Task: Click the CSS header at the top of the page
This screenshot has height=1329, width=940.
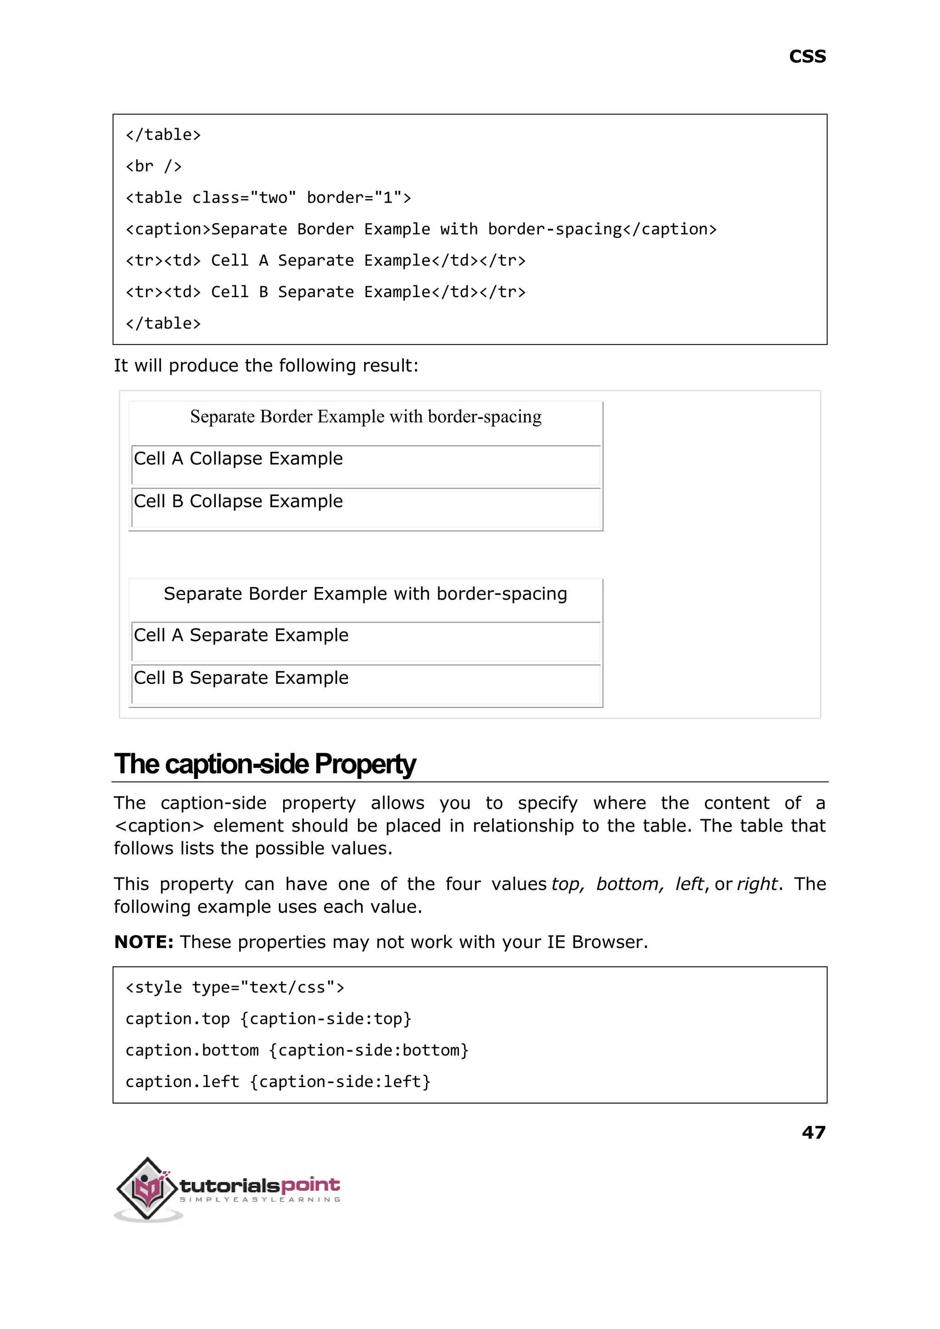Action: [807, 57]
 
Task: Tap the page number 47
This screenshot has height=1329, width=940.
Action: [813, 1132]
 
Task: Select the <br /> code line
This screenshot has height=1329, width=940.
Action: [154, 167]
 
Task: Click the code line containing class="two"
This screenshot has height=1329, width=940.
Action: [268, 198]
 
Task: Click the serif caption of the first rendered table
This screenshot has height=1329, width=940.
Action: [366, 417]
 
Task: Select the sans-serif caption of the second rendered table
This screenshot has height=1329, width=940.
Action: [365, 594]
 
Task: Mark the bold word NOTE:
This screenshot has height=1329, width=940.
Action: [144, 942]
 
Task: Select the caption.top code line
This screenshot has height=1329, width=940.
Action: [268, 1019]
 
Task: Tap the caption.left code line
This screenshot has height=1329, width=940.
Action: [278, 1082]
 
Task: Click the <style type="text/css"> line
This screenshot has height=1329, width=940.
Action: [235, 987]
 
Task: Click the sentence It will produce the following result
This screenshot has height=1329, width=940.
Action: [266, 366]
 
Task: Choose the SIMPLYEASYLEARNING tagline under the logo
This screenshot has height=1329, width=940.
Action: [260, 1199]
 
